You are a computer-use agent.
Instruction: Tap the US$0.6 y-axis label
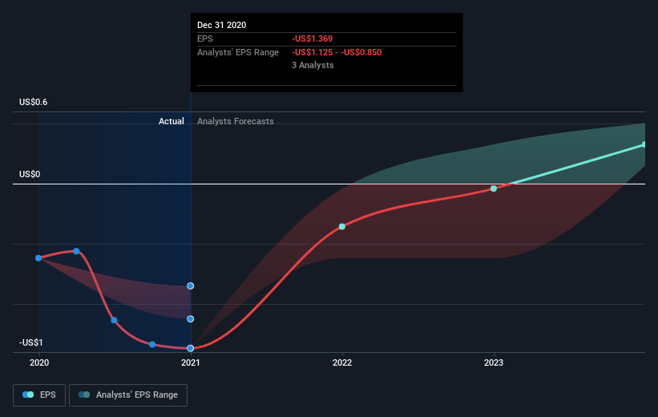click(x=34, y=102)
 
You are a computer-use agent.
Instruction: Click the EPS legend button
click(x=39, y=395)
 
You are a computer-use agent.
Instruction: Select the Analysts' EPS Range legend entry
click(x=128, y=395)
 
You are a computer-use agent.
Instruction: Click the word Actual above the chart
click(x=171, y=121)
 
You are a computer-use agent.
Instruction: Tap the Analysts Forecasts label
click(x=235, y=121)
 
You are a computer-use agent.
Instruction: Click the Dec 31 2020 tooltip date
click(x=221, y=25)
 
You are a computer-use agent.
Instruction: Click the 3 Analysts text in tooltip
click(x=313, y=65)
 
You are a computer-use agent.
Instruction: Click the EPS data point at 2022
click(x=342, y=226)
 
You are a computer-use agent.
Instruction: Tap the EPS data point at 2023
click(x=494, y=188)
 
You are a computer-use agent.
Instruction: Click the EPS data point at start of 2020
click(x=38, y=257)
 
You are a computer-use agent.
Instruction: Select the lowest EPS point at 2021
click(x=191, y=348)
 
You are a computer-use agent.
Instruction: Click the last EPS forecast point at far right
click(x=644, y=144)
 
